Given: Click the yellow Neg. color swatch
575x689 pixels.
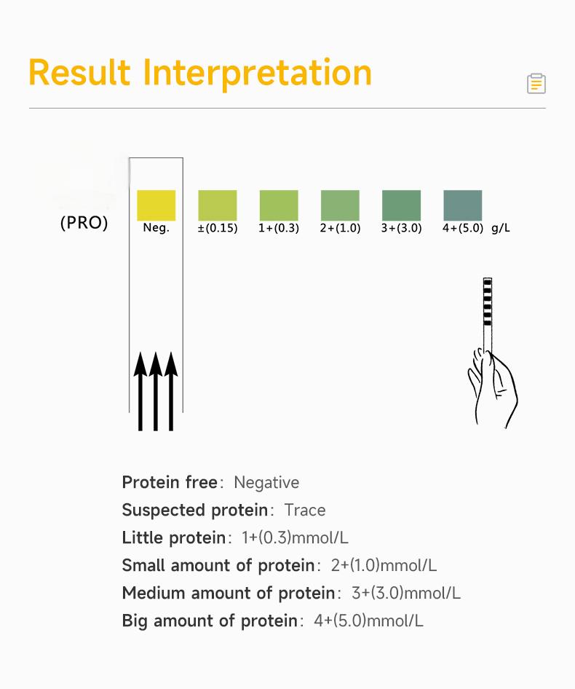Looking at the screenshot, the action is point(156,205).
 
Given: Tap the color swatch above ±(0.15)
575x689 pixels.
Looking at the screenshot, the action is point(218,205).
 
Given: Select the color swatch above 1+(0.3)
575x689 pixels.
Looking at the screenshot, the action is point(279,205).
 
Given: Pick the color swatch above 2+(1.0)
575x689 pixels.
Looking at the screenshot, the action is point(340,205).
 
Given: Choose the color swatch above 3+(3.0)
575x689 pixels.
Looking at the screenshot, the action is point(402,205).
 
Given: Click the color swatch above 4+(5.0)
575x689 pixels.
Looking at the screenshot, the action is point(463,205).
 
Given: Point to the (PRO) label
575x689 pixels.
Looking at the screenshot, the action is point(84,223).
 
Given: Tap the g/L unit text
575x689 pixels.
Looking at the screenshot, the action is point(501,228).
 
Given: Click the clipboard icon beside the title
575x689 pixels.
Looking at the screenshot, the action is point(536,84).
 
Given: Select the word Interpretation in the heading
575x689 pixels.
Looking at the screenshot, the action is point(258,73).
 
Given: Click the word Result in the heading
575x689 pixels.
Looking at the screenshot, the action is point(79,72).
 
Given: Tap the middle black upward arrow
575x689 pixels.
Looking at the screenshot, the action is point(156,391).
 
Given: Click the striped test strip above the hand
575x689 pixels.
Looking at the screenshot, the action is point(488,315).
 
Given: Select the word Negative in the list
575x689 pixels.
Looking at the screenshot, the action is point(266,482).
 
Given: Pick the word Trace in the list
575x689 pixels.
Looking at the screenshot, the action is point(305,510).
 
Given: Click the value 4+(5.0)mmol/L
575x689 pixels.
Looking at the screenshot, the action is point(368,621).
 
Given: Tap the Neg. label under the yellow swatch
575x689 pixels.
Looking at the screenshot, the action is point(156,228).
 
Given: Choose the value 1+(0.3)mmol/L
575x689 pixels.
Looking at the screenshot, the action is point(296,538).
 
